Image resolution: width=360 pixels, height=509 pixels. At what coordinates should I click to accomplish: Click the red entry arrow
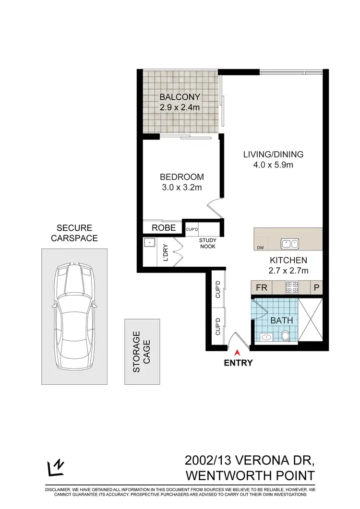[x=238, y=353]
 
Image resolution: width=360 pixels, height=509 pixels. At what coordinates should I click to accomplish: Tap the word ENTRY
[x=238, y=363]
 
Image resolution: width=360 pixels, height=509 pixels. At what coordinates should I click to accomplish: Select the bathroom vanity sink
[x=266, y=338]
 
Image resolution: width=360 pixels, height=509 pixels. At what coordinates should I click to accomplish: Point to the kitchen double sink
[x=290, y=243]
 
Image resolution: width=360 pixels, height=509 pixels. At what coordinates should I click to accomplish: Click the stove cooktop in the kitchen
[x=292, y=288]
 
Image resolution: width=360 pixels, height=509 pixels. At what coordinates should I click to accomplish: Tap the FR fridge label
[x=261, y=288]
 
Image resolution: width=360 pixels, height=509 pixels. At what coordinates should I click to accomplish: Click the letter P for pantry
[x=316, y=288]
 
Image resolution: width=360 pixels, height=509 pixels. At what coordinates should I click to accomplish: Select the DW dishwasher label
[x=261, y=248]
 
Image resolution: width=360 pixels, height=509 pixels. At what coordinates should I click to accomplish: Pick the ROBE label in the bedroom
[x=163, y=227]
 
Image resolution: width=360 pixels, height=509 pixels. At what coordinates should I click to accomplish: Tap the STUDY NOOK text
[x=208, y=243]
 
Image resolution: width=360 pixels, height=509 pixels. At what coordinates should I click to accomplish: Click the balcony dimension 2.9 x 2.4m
[x=180, y=107]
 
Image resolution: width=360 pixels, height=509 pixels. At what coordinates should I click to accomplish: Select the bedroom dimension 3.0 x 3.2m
[x=181, y=187]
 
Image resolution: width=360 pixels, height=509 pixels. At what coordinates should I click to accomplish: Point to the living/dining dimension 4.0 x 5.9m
[x=273, y=165]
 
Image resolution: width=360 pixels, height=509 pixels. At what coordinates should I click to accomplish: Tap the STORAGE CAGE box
[x=142, y=352]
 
